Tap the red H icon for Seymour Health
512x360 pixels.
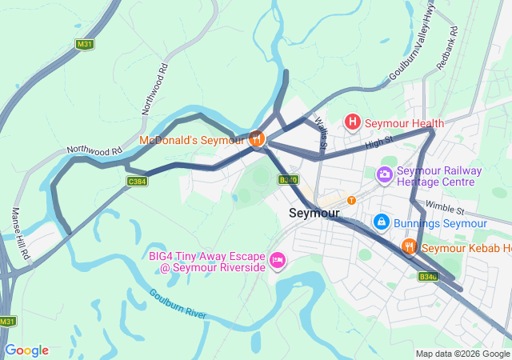352,122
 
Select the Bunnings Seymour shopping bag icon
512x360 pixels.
382,222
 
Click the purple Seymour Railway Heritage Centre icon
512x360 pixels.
385,174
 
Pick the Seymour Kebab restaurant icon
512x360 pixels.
409,246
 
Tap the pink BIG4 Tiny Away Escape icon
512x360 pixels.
278,260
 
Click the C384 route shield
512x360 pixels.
138,182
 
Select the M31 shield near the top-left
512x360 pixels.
85,45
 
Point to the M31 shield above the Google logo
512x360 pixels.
7,321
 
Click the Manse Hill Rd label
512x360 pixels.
20,233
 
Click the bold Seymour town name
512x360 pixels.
314,214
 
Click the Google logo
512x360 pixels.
26,350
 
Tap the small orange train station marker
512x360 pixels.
351,200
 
